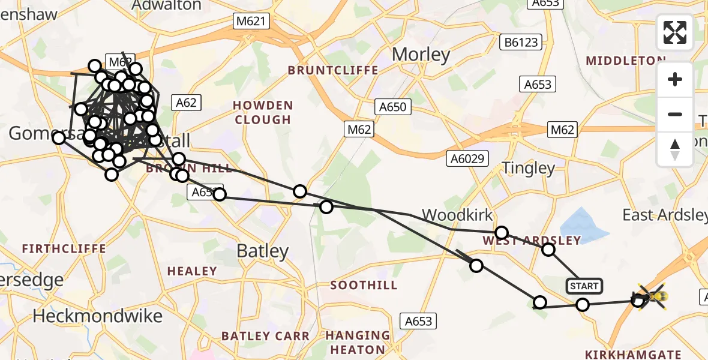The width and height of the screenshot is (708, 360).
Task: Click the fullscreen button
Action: coord(675,32)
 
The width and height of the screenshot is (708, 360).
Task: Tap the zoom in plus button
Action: coord(675,80)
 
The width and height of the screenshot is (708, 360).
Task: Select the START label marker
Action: coord(584,286)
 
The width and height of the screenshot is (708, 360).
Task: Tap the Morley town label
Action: coord(421,55)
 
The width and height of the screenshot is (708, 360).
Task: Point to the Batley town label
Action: coord(263,251)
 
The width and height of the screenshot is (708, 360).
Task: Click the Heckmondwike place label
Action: coord(97,316)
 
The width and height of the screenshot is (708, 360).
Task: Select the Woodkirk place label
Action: coord(457,215)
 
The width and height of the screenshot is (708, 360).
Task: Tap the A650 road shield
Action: coord(392,107)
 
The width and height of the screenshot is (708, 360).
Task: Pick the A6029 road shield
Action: coord(467,158)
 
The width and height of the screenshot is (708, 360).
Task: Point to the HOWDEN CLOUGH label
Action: coord(263,112)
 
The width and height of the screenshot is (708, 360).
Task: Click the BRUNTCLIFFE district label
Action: coord(333,70)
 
